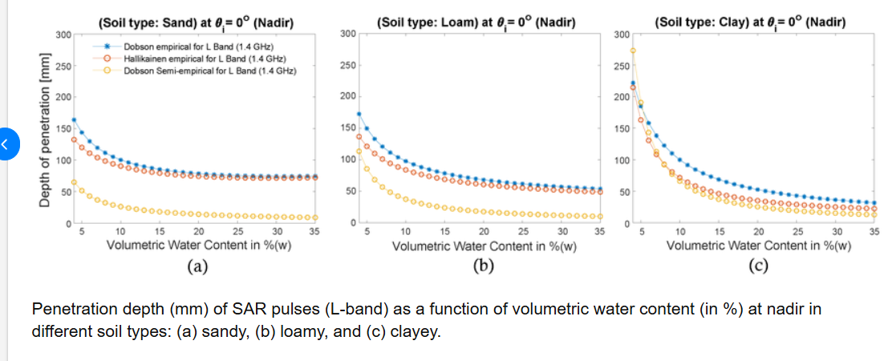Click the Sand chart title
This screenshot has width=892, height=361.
[194, 23]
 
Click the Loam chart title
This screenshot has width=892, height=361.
[476, 23]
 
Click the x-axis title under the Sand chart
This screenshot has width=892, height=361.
[199, 245]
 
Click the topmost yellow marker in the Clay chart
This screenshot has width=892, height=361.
[633, 51]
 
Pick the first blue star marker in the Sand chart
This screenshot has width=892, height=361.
[74, 120]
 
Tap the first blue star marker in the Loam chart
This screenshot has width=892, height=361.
[359, 114]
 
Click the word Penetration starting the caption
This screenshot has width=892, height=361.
[73, 309]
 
